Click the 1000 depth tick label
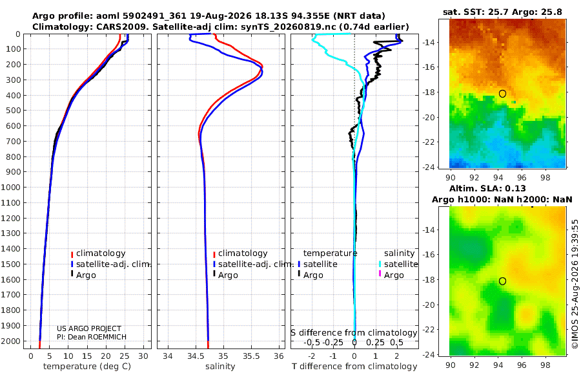point(10,187)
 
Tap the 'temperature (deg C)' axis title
point(87,367)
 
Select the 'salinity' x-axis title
point(220,367)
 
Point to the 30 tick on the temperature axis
point(143,356)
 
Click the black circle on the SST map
point(502,94)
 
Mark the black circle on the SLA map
point(502,281)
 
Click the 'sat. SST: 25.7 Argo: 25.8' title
point(502,12)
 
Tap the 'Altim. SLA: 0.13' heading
point(487,188)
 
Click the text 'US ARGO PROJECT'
point(89,328)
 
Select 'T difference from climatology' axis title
point(354,367)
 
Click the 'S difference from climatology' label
point(354,333)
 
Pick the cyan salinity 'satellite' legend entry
point(398,264)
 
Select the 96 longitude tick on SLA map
point(522,365)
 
